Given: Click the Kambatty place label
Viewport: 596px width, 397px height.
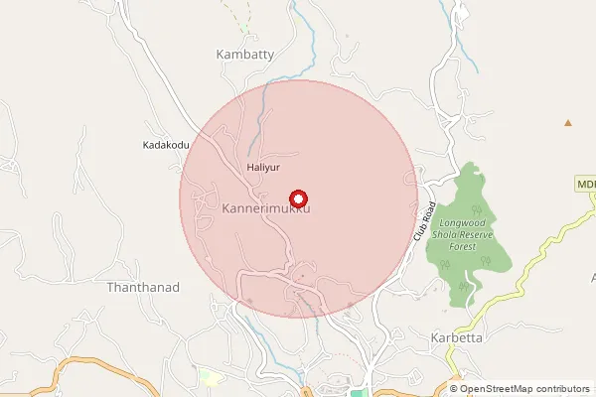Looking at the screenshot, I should (244, 55).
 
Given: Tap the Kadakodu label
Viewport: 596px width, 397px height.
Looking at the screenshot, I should (166, 145).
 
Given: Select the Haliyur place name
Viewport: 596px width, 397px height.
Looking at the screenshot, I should (264, 168).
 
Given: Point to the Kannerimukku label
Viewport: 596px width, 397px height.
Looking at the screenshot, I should (267, 210).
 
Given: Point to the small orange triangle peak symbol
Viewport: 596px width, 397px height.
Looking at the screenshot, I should (568, 123).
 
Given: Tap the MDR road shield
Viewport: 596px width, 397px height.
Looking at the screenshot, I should (584, 185).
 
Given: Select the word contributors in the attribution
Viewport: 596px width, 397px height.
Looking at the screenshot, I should (563, 389).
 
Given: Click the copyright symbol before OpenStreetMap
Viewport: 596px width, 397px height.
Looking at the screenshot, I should (455, 389).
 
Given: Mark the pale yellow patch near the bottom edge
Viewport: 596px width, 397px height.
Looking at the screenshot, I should (209, 378).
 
